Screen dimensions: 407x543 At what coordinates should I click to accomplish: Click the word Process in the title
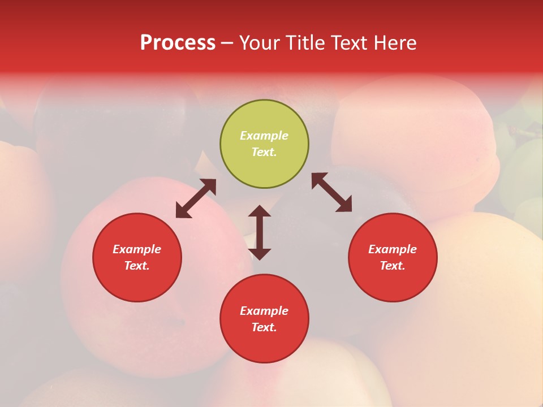click(x=178, y=43)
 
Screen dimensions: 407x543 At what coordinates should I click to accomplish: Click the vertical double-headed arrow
click(x=260, y=232)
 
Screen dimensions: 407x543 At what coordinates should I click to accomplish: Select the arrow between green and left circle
click(x=196, y=198)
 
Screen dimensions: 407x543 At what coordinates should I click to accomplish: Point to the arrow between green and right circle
click(x=332, y=192)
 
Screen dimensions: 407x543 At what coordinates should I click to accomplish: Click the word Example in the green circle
click(x=264, y=136)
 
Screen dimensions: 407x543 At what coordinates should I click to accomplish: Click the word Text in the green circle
click(x=264, y=152)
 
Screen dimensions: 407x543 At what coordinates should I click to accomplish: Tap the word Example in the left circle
click(x=137, y=249)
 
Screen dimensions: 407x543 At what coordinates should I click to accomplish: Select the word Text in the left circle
click(x=137, y=266)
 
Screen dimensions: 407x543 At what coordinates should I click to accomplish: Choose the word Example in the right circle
click(x=393, y=249)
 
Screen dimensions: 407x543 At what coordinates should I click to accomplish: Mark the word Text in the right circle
click(x=393, y=266)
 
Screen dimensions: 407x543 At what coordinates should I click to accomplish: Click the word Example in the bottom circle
click(x=264, y=311)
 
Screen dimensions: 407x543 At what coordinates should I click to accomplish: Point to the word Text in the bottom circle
click(x=264, y=327)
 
